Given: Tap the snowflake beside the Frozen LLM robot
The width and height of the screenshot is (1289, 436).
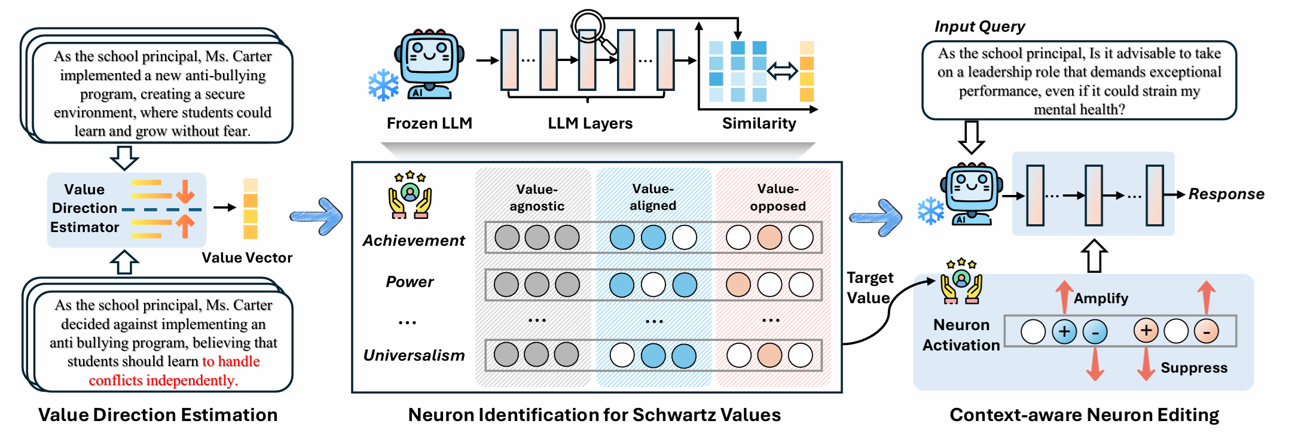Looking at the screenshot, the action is pos(383,85).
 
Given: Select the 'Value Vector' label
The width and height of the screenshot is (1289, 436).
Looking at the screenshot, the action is pos(247,258).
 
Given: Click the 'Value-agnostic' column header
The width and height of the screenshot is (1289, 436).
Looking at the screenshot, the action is pos(537,197).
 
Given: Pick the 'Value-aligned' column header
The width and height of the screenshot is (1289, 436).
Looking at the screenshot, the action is pos(653,197).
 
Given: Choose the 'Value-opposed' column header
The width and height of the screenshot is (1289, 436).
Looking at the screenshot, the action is pos(778,197).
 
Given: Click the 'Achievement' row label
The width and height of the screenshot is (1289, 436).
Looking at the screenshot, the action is pos(414,240).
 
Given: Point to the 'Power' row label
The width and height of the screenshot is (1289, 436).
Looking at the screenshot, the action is pos(410,282).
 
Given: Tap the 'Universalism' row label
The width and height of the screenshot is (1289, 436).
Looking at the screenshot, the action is pos(414,355).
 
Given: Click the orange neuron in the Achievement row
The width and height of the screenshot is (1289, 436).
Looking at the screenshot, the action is pos(769,237).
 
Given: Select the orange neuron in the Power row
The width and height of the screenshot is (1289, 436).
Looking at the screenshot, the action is pos(738,285).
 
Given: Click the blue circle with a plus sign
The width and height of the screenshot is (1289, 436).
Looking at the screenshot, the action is pos(1064,331).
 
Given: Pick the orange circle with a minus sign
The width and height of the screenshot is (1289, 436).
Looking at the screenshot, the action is pos(1206,331).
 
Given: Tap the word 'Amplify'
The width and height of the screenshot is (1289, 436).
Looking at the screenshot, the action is pos(1101,298).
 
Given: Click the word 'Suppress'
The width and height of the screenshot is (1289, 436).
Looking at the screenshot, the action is pos(1194,368).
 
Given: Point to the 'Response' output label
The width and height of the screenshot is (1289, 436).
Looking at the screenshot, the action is pos(1226,194).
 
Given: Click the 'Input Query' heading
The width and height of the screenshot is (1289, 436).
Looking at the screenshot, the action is pos(979,27).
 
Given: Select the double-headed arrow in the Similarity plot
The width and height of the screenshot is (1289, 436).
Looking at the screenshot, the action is pos(783,71).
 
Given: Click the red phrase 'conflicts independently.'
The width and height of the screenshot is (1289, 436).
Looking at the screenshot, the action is pos(163,380).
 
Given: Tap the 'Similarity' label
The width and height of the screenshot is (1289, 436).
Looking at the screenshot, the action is pos(759,123).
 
